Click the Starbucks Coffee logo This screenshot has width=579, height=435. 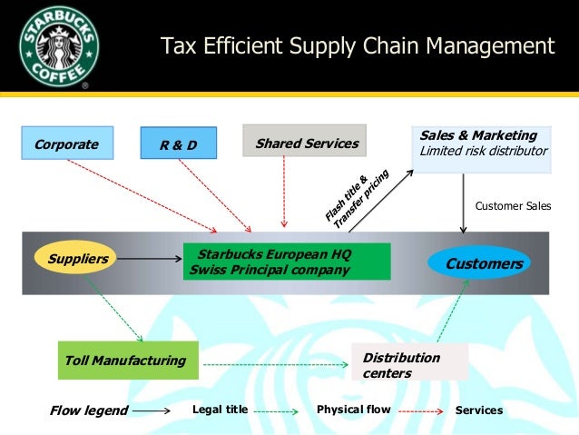click(x=59, y=46)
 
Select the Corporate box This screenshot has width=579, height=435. click(x=67, y=143)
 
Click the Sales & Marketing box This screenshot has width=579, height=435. click(x=483, y=147)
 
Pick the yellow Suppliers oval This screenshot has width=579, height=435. click(x=77, y=259)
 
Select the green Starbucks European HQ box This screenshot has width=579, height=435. click(x=286, y=262)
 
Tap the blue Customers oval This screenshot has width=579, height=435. click(x=484, y=263)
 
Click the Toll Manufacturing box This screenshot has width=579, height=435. click(x=126, y=361)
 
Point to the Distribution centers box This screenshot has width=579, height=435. click(x=409, y=364)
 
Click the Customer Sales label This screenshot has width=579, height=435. click(x=513, y=206)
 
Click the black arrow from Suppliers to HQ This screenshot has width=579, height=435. click(x=150, y=259)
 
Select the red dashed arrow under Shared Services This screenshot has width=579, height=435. click(x=285, y=192)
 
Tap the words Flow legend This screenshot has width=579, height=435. click(x=89, y=410)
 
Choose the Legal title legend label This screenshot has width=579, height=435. click(x=220, y=410)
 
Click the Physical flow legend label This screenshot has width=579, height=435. click(x=353, y=410)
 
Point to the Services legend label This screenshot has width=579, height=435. click(x=478, y=410)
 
